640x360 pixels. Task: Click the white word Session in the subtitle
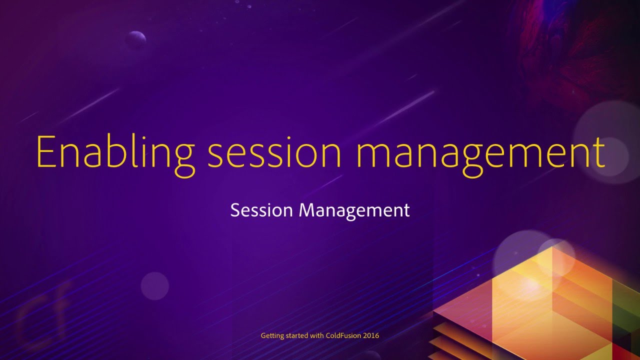tap(261, 210)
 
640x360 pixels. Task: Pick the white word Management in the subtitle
tap(354, 210)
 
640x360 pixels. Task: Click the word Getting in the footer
tap(272, 335)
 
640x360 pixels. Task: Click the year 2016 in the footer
tap(371, 335)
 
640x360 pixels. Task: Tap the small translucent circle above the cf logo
tap(154, 286)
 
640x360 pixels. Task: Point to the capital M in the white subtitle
tap(305, 210)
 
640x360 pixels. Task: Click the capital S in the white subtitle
tap(234, 210)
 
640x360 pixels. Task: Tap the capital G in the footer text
tap(263, 335)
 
